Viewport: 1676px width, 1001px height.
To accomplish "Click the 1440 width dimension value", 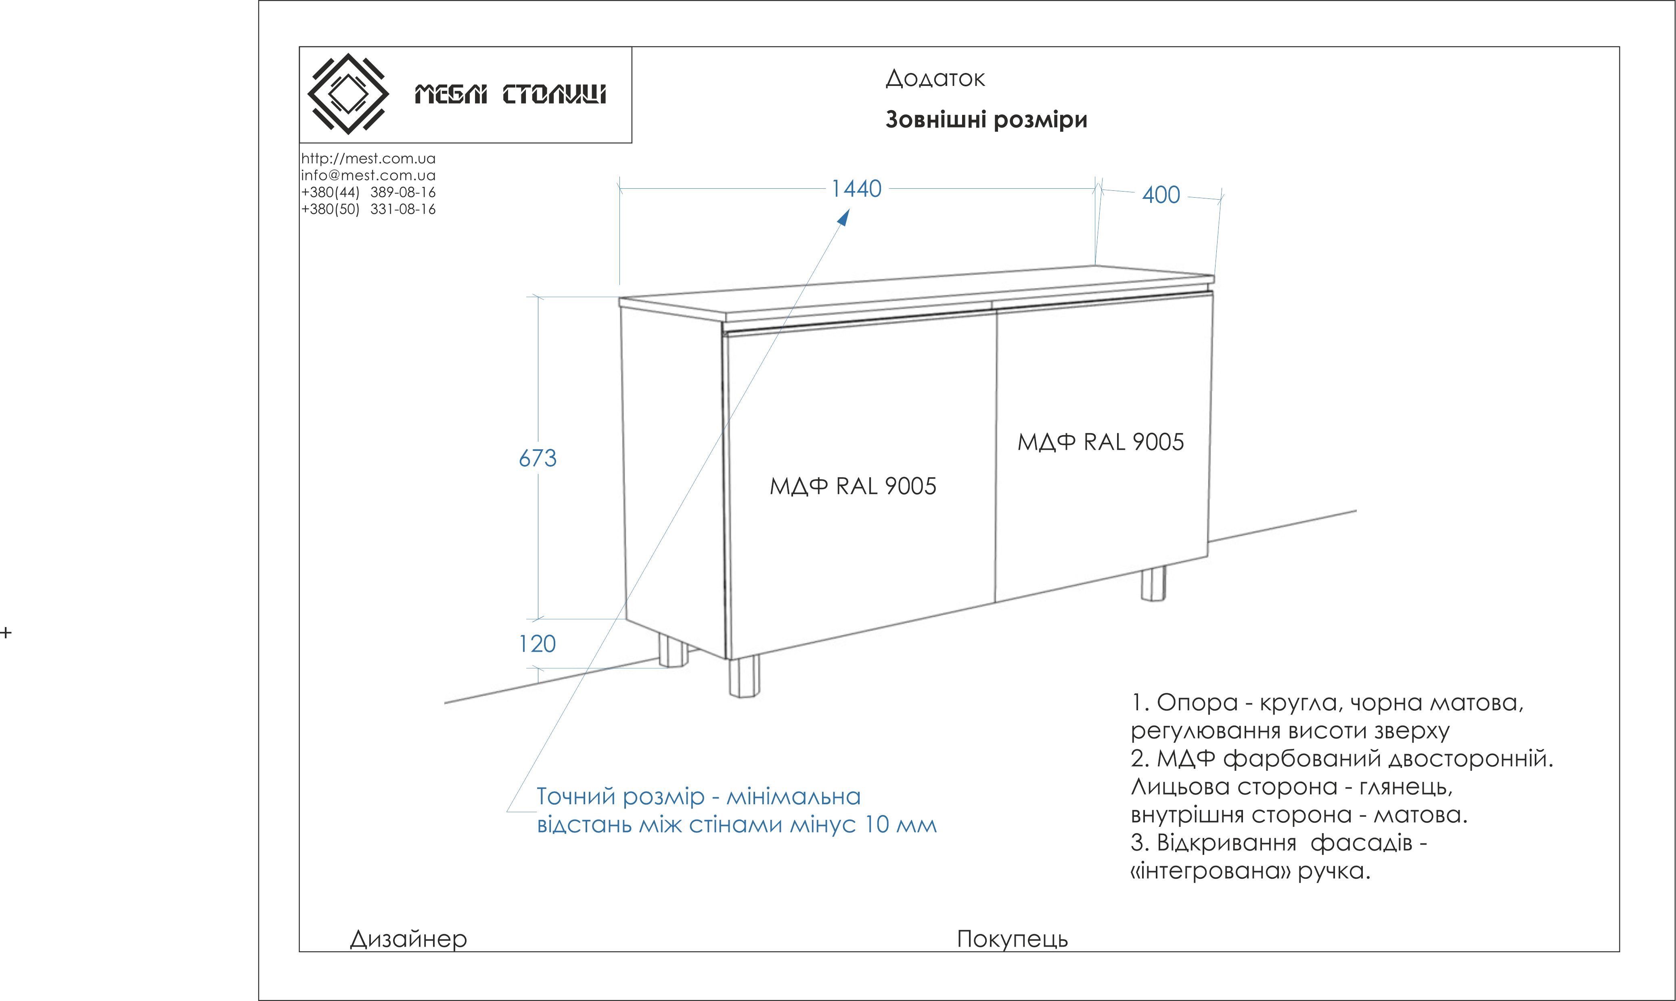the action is (856, 189).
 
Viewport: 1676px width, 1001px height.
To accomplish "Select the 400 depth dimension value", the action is (1161, 195).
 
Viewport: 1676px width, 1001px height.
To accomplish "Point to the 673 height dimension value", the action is (537, 459).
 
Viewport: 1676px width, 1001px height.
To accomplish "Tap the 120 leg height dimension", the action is (537, 644).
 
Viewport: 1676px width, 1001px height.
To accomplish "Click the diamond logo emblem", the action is (347, 94).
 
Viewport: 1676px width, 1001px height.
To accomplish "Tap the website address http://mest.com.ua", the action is (368, 158).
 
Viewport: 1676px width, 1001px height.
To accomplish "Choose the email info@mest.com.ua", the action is (368, 175).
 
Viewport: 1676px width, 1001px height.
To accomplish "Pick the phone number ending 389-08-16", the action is (368, 192).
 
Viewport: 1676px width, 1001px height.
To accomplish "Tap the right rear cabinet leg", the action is (1153, 584).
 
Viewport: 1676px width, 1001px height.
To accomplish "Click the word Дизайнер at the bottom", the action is (408, 939).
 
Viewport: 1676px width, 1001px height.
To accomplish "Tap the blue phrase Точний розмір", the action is (620, 797).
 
